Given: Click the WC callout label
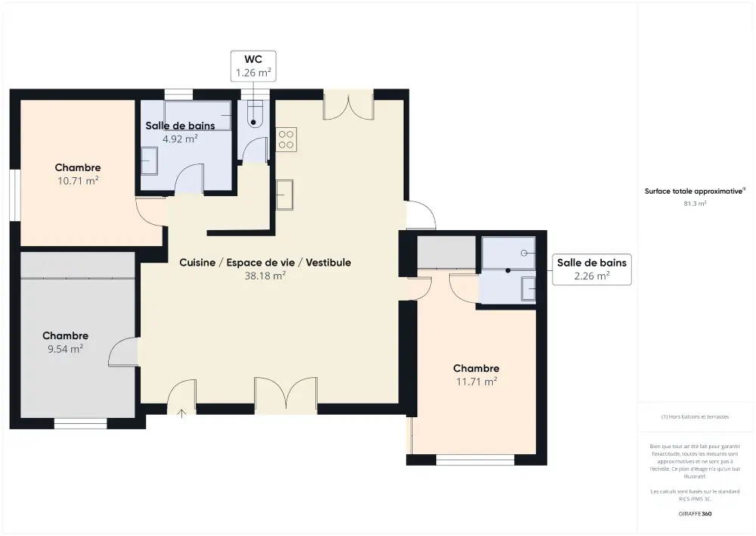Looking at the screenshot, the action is click(x=253, y=66).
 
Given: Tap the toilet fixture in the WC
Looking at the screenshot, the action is click(x=253, y=114).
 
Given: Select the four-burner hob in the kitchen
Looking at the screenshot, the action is click(x=286, y=139).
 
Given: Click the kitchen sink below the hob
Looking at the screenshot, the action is click(x=284, y=195).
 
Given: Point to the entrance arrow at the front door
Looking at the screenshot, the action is click(x=181, y=413).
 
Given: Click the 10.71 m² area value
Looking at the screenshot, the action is click(x=78, y=181).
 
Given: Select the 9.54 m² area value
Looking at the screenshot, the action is click(x=66, y=349).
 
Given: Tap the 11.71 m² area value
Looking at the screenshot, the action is click(x=476, y=382).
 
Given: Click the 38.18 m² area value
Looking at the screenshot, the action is click(x=265, y=276).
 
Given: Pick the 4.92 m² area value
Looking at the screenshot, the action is click(x=180, y=139).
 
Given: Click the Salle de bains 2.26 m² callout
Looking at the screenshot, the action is click(x=592, y=270).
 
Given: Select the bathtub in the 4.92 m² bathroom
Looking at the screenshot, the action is click(x=197, y=116).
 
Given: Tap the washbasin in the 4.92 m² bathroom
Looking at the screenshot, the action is click(x=150, y=160).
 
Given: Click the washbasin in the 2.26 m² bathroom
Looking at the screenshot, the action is click(x=528, y=289).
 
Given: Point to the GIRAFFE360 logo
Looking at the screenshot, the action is click(x=695, y=514).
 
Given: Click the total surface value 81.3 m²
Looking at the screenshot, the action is click(x=695, y=204).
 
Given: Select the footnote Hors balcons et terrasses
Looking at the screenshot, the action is click(x=695, y=416).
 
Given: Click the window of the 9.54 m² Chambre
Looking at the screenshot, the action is click(x=81, y=423).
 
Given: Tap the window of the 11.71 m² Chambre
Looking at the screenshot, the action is click(x=476, y=460).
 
